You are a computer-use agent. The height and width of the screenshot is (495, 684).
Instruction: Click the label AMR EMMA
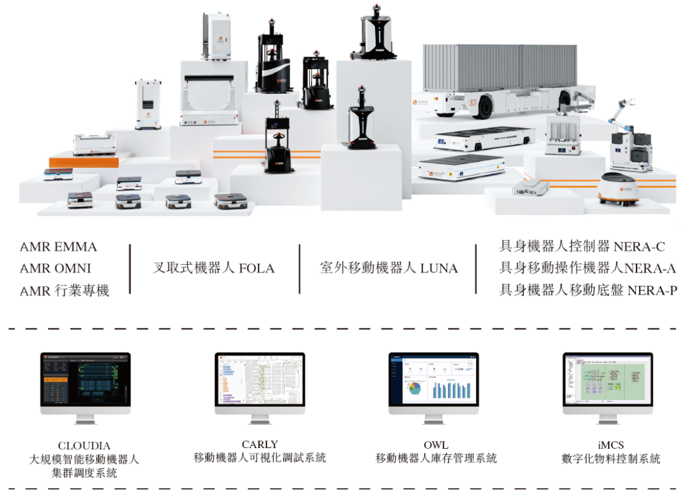pyautogui.click(x=58, y=247)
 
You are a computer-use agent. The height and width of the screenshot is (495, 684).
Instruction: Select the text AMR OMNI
pyautogui.click(x=55, y=268)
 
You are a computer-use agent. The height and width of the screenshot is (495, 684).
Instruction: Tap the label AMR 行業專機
pyautogui.click(x=65, y=290)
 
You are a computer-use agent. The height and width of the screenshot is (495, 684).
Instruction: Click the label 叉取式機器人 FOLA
pyautogui.click(x=213, y=268)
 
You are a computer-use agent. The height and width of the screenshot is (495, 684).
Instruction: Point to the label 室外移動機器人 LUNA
pyautogui.click(x=388, y=268)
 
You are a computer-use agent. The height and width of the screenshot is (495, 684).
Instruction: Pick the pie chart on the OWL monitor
pyautogui.click(x=415, y=387)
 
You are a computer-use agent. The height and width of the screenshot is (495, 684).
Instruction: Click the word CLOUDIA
pyautogui.click(x=85, y=446)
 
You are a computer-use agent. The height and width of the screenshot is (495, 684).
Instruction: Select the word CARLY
pyautogui.click(x=260, y=445)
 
